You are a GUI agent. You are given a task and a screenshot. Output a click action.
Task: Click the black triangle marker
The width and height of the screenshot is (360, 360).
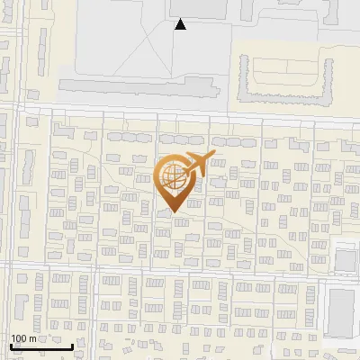181,24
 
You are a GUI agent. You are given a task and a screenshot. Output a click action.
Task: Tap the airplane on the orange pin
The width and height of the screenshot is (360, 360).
196,164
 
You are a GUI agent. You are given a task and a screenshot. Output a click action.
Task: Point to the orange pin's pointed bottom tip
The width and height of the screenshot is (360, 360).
173,212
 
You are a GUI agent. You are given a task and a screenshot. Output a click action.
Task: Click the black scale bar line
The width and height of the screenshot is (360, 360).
41,346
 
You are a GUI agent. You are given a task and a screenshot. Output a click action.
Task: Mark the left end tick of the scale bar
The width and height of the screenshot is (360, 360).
11,345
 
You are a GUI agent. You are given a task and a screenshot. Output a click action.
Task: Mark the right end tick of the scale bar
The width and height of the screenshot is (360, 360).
73,345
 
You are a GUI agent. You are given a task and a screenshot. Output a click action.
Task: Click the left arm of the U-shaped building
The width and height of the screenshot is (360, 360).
243,77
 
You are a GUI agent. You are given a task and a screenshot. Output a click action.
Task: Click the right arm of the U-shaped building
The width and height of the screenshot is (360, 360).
321,76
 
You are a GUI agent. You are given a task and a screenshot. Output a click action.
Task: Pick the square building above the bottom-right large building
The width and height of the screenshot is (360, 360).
346,260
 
